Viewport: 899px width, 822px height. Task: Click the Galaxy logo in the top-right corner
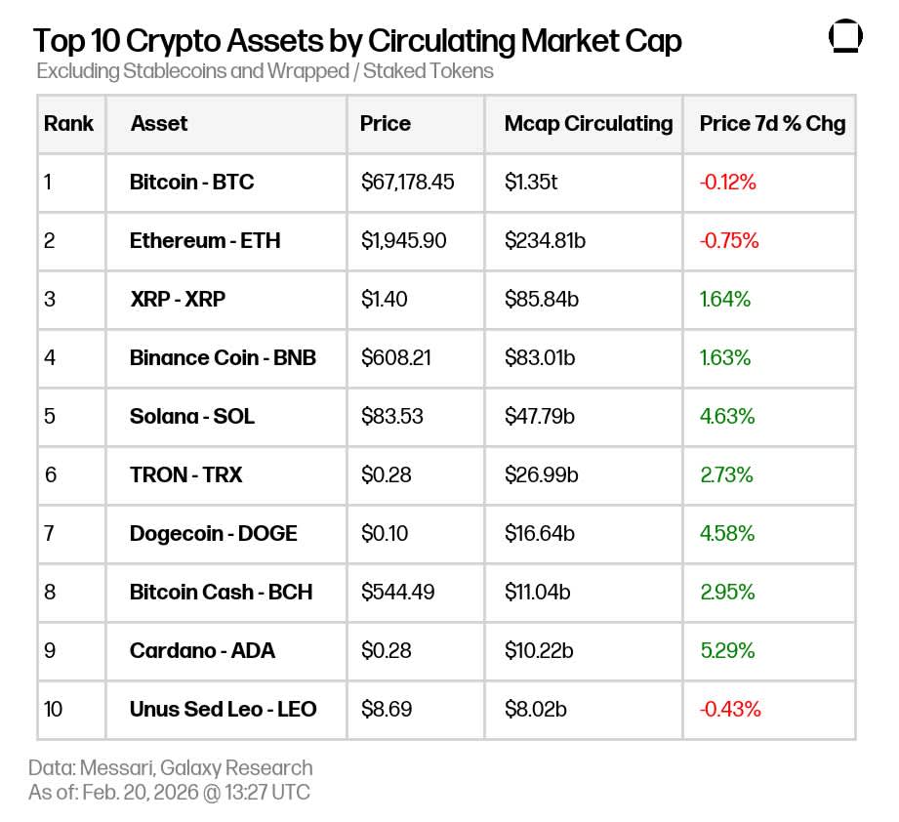pyautogui.click(x=845, y=36)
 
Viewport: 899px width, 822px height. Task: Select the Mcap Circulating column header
pyautogui.click(x=588, y=124)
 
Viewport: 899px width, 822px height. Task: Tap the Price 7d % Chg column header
pyautogui.click(x=772, y=124)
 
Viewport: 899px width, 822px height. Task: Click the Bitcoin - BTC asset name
pyautogui.click(x=191, y=182)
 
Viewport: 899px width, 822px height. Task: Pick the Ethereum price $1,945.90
pyautogui.click(x=403, y=240)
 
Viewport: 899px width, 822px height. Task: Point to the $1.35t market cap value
pyautogui.click(x=531, y=182)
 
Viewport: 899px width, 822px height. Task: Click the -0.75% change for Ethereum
pyautogui.click(x=728, y=240)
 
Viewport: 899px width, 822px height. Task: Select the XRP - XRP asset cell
pyautogui.click(x=177, y=299)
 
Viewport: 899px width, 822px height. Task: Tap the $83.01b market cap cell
pyautogui.click(x=539, y=357)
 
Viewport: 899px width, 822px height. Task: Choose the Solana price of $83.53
pyautogui.click(x=391, y=416)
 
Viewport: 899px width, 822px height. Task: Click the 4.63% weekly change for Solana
pyautogui.click(x=726, y=416)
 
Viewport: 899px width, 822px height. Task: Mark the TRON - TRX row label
pyautogui.click(x=185, y=474)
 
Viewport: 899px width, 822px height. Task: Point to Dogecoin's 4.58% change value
pyautogui.click(x=727, y=533)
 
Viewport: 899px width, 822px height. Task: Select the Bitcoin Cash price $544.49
pyautogui.click(x=396, y=592)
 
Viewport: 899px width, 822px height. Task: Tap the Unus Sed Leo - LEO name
pyautogui.click(x=223, y=709)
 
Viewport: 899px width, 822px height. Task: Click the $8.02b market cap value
pyautogui.click(x=536, y=709)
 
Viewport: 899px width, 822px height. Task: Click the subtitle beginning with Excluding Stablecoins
pyautogui.click(x=265, y=71)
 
